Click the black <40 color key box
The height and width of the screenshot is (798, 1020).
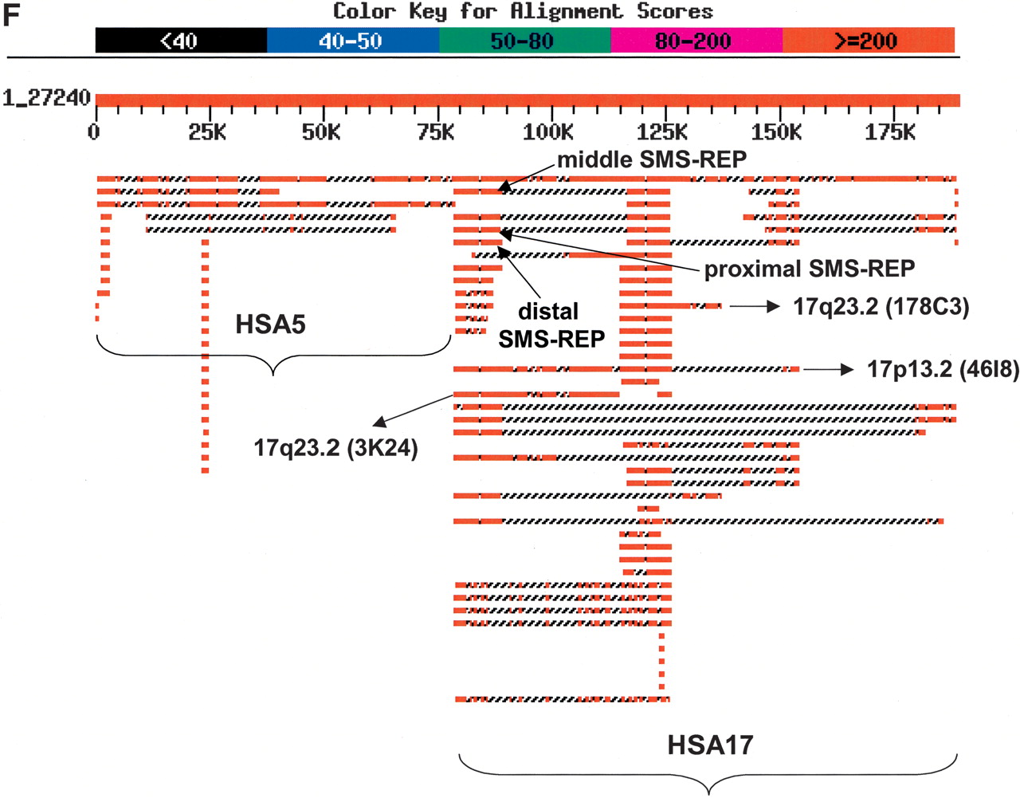(x=181, y=41)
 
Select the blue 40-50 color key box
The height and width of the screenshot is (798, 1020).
(x=352, y=41)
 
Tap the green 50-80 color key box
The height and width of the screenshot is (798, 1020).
(x=524, y=41)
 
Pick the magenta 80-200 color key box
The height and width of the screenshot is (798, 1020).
(x=696, y=41)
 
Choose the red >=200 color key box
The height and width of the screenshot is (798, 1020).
(x=868, y=41)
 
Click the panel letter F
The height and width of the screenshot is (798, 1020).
(x=10, y=14)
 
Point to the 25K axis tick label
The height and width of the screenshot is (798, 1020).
(x=207, y=132)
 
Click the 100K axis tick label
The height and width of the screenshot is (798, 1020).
(x=548, y=132)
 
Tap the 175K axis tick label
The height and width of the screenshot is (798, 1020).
(x=890, y=132)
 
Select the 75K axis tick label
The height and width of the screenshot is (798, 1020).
(x=435, y=132)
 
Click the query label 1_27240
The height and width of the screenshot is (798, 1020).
(x=46, y=99)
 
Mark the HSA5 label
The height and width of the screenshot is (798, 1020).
(x=270, y=325)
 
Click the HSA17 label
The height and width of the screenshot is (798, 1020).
(x=710, y=745)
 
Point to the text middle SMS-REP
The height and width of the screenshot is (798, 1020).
(x=652, y=159)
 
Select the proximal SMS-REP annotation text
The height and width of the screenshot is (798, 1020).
(x=809, y=269)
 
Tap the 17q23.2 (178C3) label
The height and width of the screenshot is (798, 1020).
(x=881, y=307)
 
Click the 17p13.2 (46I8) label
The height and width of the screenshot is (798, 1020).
(x=943, y=369)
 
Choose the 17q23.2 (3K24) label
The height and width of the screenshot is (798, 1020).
(x=335, y=448)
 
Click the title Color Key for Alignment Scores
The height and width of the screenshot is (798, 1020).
(x=523, y=11)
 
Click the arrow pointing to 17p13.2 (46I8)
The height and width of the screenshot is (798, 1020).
(x=829, y=369)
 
